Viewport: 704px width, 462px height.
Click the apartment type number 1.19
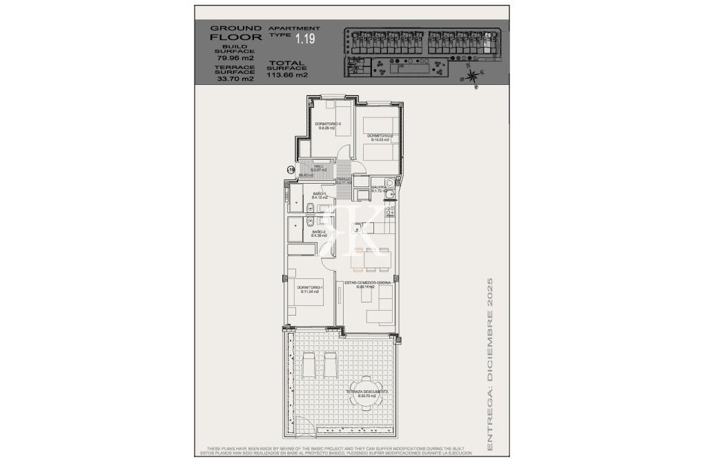pyautogui.click(x=304, y=39)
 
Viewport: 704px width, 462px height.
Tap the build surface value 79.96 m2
pyautogui.click(x=235, y=58)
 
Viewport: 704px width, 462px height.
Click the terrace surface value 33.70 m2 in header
pyautogui.click(x=235, y=79)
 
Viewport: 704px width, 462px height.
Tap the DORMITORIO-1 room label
pyautogui.click(x=310, y=289)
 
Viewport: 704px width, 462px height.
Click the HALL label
pyautogui.click(x=319, y=167)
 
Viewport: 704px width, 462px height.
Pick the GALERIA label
pyautogui.click(x=378, y=187)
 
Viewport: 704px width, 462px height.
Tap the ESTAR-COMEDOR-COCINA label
pyautogui.click(x=366, y=284)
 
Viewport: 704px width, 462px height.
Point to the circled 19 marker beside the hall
pyautogui.click(x=291, y=169)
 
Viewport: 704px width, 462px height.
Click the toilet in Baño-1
pyautogui.click(x=311, y=208)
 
